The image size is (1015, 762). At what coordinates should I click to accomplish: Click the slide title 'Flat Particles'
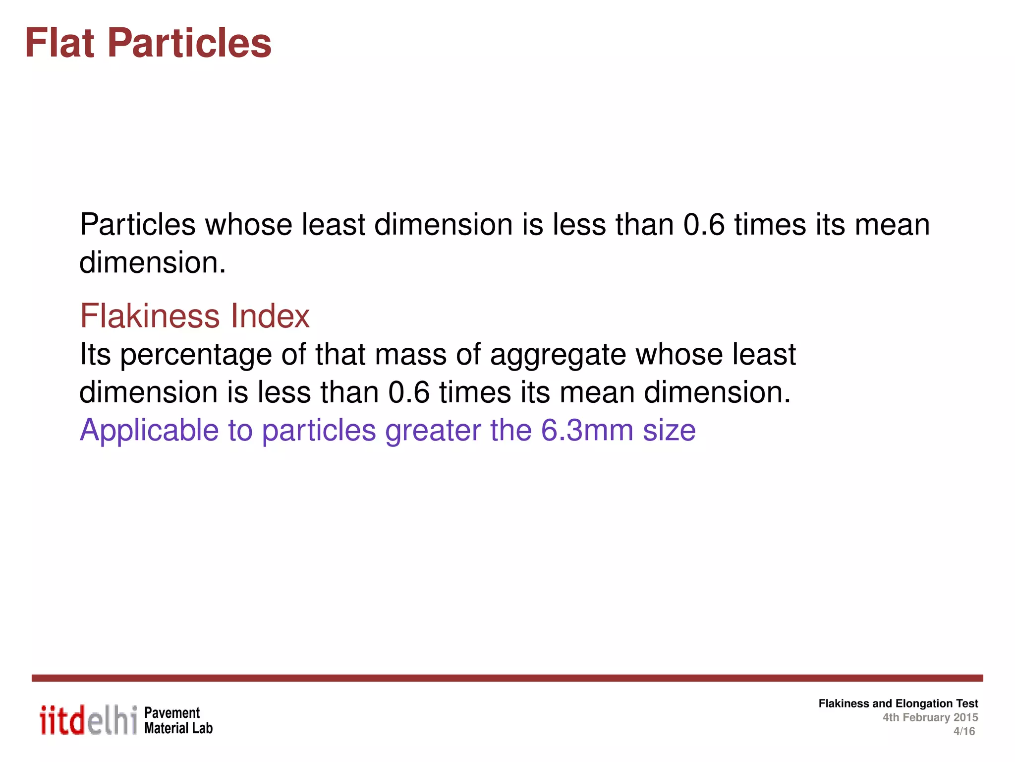click(x=148, y=43)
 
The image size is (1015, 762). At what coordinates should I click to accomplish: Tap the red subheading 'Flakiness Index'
click(x=195, y=316)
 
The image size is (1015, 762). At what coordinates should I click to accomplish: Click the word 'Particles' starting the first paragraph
click(x=138, y=225)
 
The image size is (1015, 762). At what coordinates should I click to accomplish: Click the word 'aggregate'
click(x=558, y=355)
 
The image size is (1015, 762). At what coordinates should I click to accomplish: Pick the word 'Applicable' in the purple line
click(x=149, y=430)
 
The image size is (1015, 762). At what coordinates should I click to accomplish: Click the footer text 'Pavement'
click(x=172, y=713)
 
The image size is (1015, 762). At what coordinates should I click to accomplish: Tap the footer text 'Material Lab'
click(x=178, y=728)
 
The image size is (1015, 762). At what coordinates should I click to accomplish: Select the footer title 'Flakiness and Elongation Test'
click(x=898, y=703)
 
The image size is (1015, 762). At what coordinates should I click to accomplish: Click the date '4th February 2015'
click(x=930, y=717)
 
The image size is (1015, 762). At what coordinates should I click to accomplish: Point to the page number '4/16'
click(x=964, y=731)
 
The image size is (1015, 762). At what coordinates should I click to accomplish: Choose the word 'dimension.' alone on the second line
click(x=153, y=262)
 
